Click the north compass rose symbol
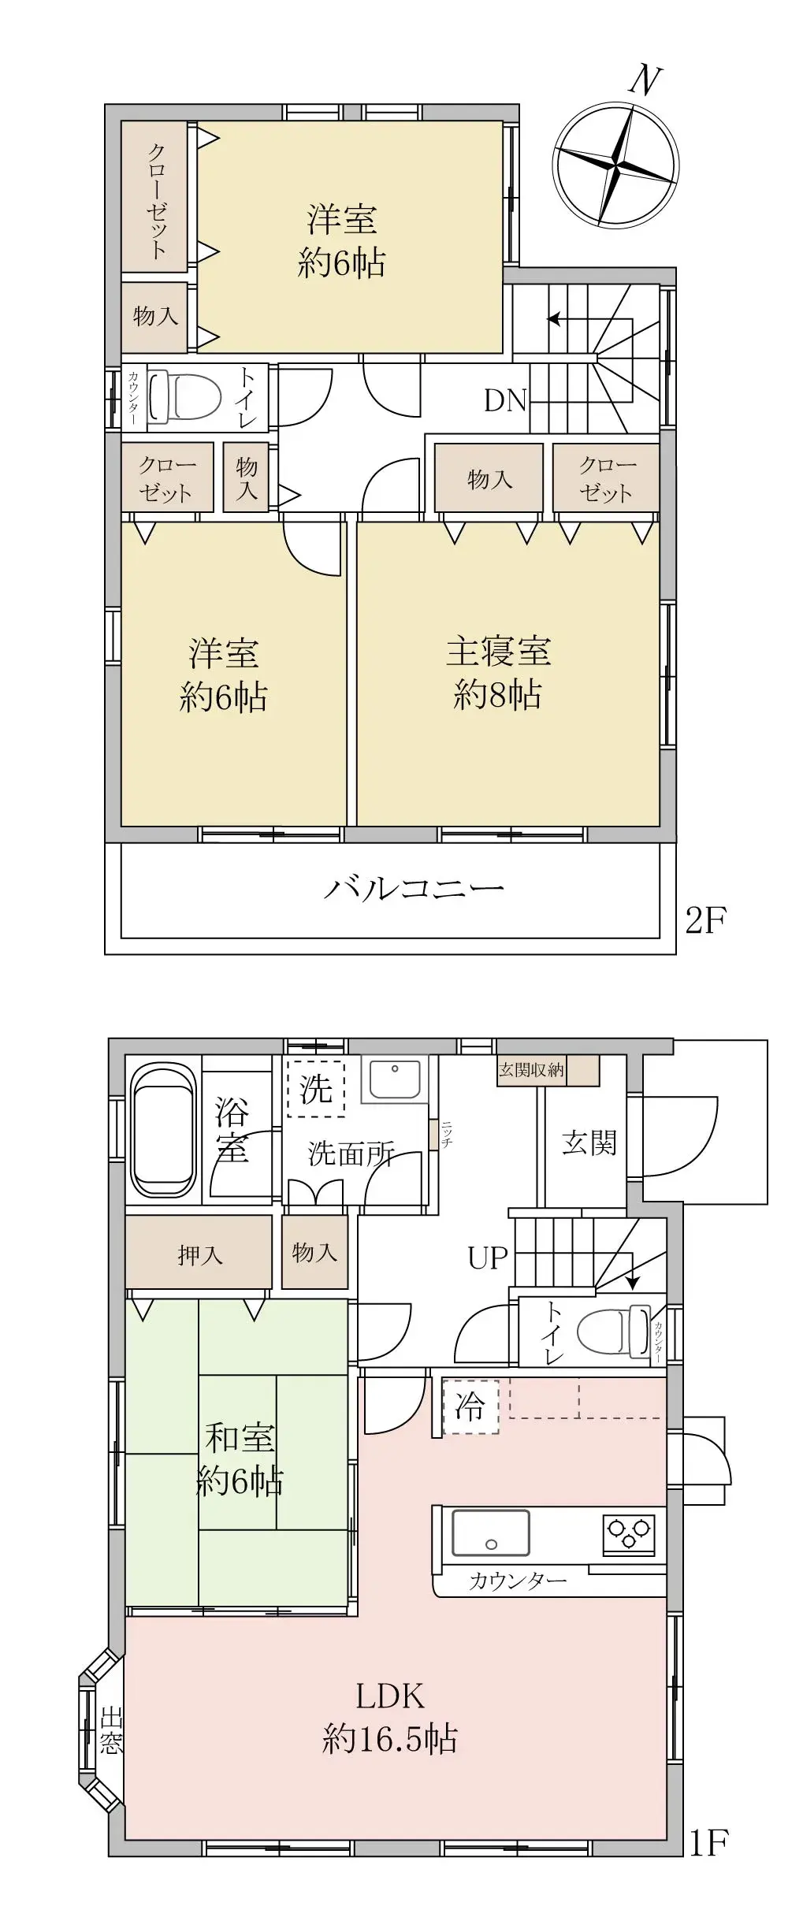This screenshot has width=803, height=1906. [x=615, y=166]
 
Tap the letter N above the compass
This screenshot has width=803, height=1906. [x=645, y=80]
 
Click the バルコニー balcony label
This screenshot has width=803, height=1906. [x=414, y=890]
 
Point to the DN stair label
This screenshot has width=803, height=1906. [x=504, y=401]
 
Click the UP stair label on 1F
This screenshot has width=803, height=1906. [x=488, y=1258]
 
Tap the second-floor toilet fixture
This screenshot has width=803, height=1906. [x=186, y=396]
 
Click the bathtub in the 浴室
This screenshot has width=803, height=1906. [x=163, y=1131]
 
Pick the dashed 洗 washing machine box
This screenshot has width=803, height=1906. [x=316, y=1090]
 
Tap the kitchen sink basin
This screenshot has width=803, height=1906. [x=490, y=1533]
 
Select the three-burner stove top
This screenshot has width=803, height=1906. [x=628, y=1534]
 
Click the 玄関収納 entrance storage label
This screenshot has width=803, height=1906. [x=531, y=1070]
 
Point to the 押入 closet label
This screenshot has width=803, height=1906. [x=199, y=1255]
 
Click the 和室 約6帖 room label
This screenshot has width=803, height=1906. [x=240, y=1460]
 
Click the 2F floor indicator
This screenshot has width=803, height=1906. [x=705, y=920]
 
